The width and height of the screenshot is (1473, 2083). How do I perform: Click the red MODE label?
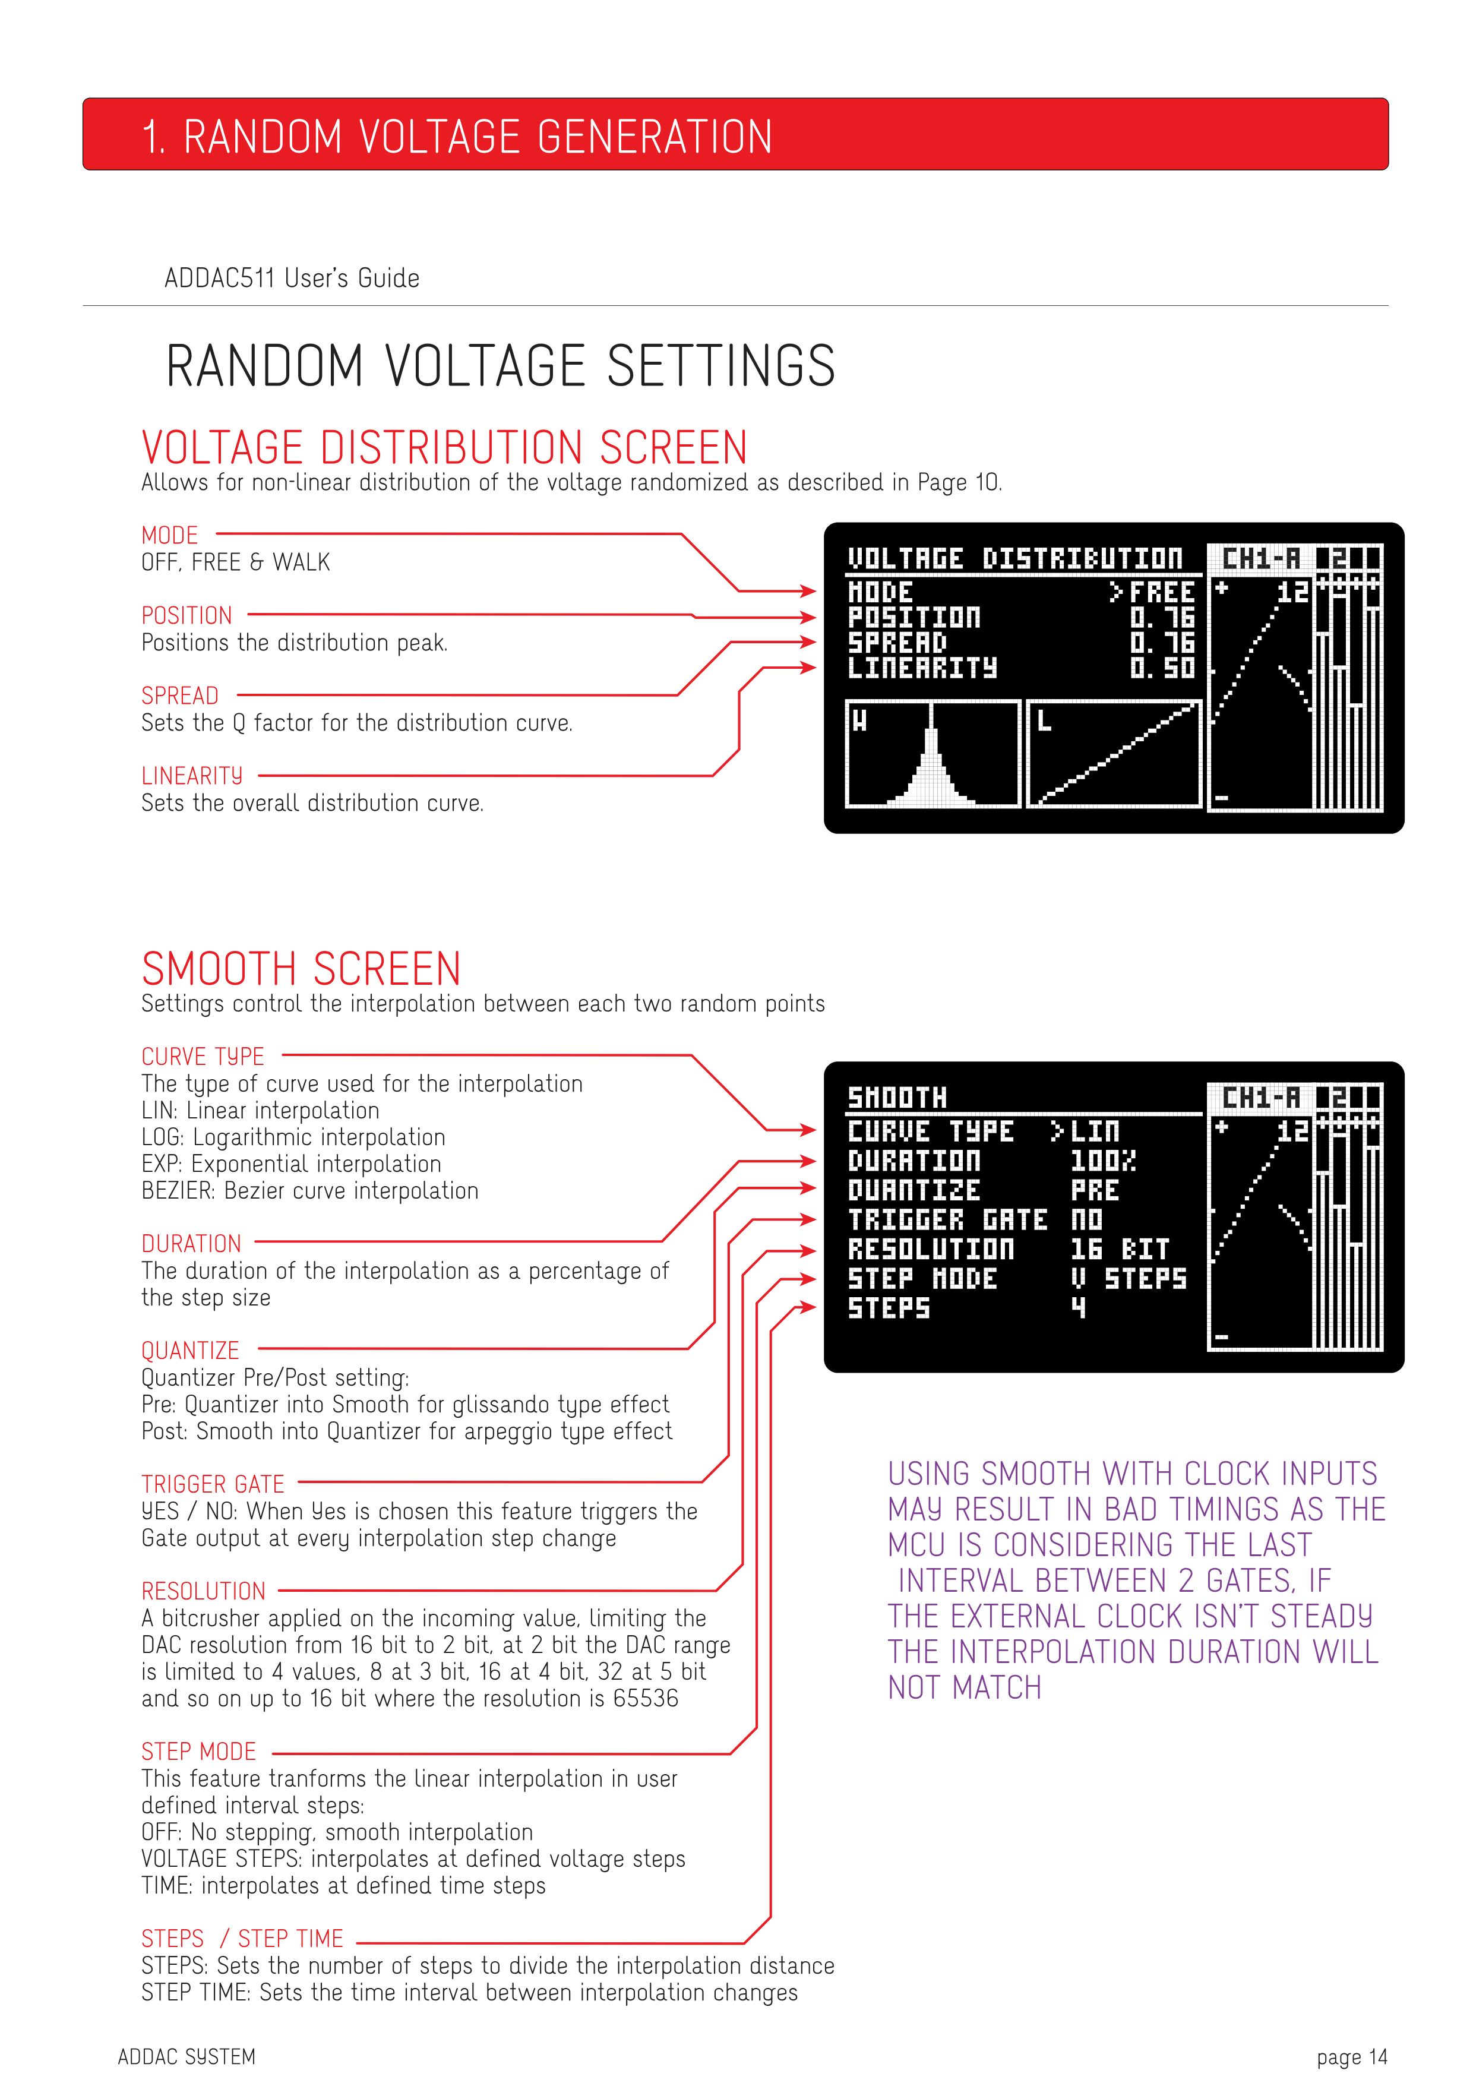(170, 535)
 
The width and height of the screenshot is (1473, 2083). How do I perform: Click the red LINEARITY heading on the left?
(191, 776)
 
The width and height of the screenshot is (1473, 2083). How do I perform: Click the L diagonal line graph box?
(1114, 754)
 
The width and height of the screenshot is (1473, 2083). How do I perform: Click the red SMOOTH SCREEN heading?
(301, 969)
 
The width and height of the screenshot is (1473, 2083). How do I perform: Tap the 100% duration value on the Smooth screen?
(1102, 1161)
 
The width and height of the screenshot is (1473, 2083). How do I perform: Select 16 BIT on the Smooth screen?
(1119, 1249)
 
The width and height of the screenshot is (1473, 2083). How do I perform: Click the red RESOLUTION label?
(203, 1591)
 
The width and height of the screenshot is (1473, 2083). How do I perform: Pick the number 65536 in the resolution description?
(645, 1698)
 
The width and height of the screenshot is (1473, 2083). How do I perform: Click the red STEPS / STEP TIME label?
(242, 1939)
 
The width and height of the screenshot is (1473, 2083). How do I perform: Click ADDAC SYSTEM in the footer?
(187, 2057)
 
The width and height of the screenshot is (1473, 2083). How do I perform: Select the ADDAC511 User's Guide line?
(292, 279)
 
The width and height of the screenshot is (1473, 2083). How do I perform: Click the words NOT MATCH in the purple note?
(964, 1687)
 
